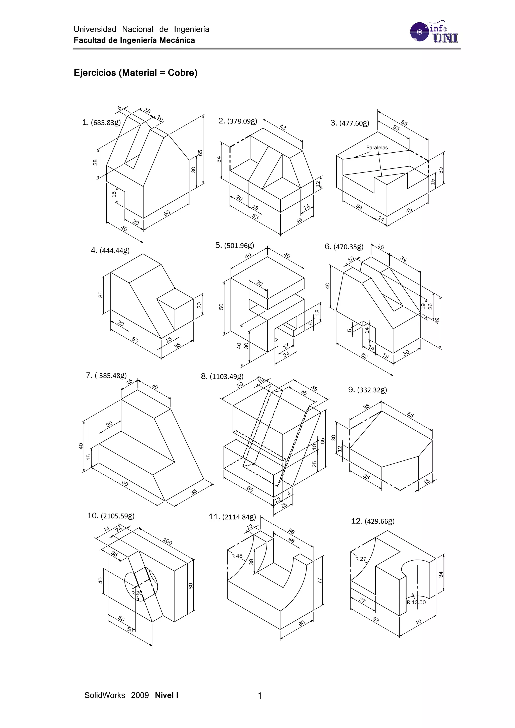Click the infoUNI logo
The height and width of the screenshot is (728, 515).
(434, 32)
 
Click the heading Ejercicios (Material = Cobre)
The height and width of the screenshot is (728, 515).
(135, 73)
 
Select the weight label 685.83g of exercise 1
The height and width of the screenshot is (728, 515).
(106, 123)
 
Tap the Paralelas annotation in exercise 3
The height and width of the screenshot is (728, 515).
(377, 148)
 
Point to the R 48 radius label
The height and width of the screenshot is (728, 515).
(237, 556)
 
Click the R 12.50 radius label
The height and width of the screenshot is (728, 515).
(416, 602)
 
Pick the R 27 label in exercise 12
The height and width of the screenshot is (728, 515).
(361, 559)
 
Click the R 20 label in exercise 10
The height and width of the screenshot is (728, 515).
(137, 593)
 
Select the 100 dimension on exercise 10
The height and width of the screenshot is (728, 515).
(167, 541)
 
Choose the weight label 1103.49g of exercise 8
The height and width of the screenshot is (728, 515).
(226, 377)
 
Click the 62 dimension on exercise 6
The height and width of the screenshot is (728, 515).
(364, 356)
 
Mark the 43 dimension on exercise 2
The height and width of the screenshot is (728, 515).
(283, 127)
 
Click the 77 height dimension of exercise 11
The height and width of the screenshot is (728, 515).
(320, 580)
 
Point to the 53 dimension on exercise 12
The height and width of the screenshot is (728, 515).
(376, 620)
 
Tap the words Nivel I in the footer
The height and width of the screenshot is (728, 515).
(166, 695)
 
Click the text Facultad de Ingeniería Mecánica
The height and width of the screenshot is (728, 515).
(134, 40)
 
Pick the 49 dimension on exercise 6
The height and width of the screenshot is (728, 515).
(437, 321)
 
